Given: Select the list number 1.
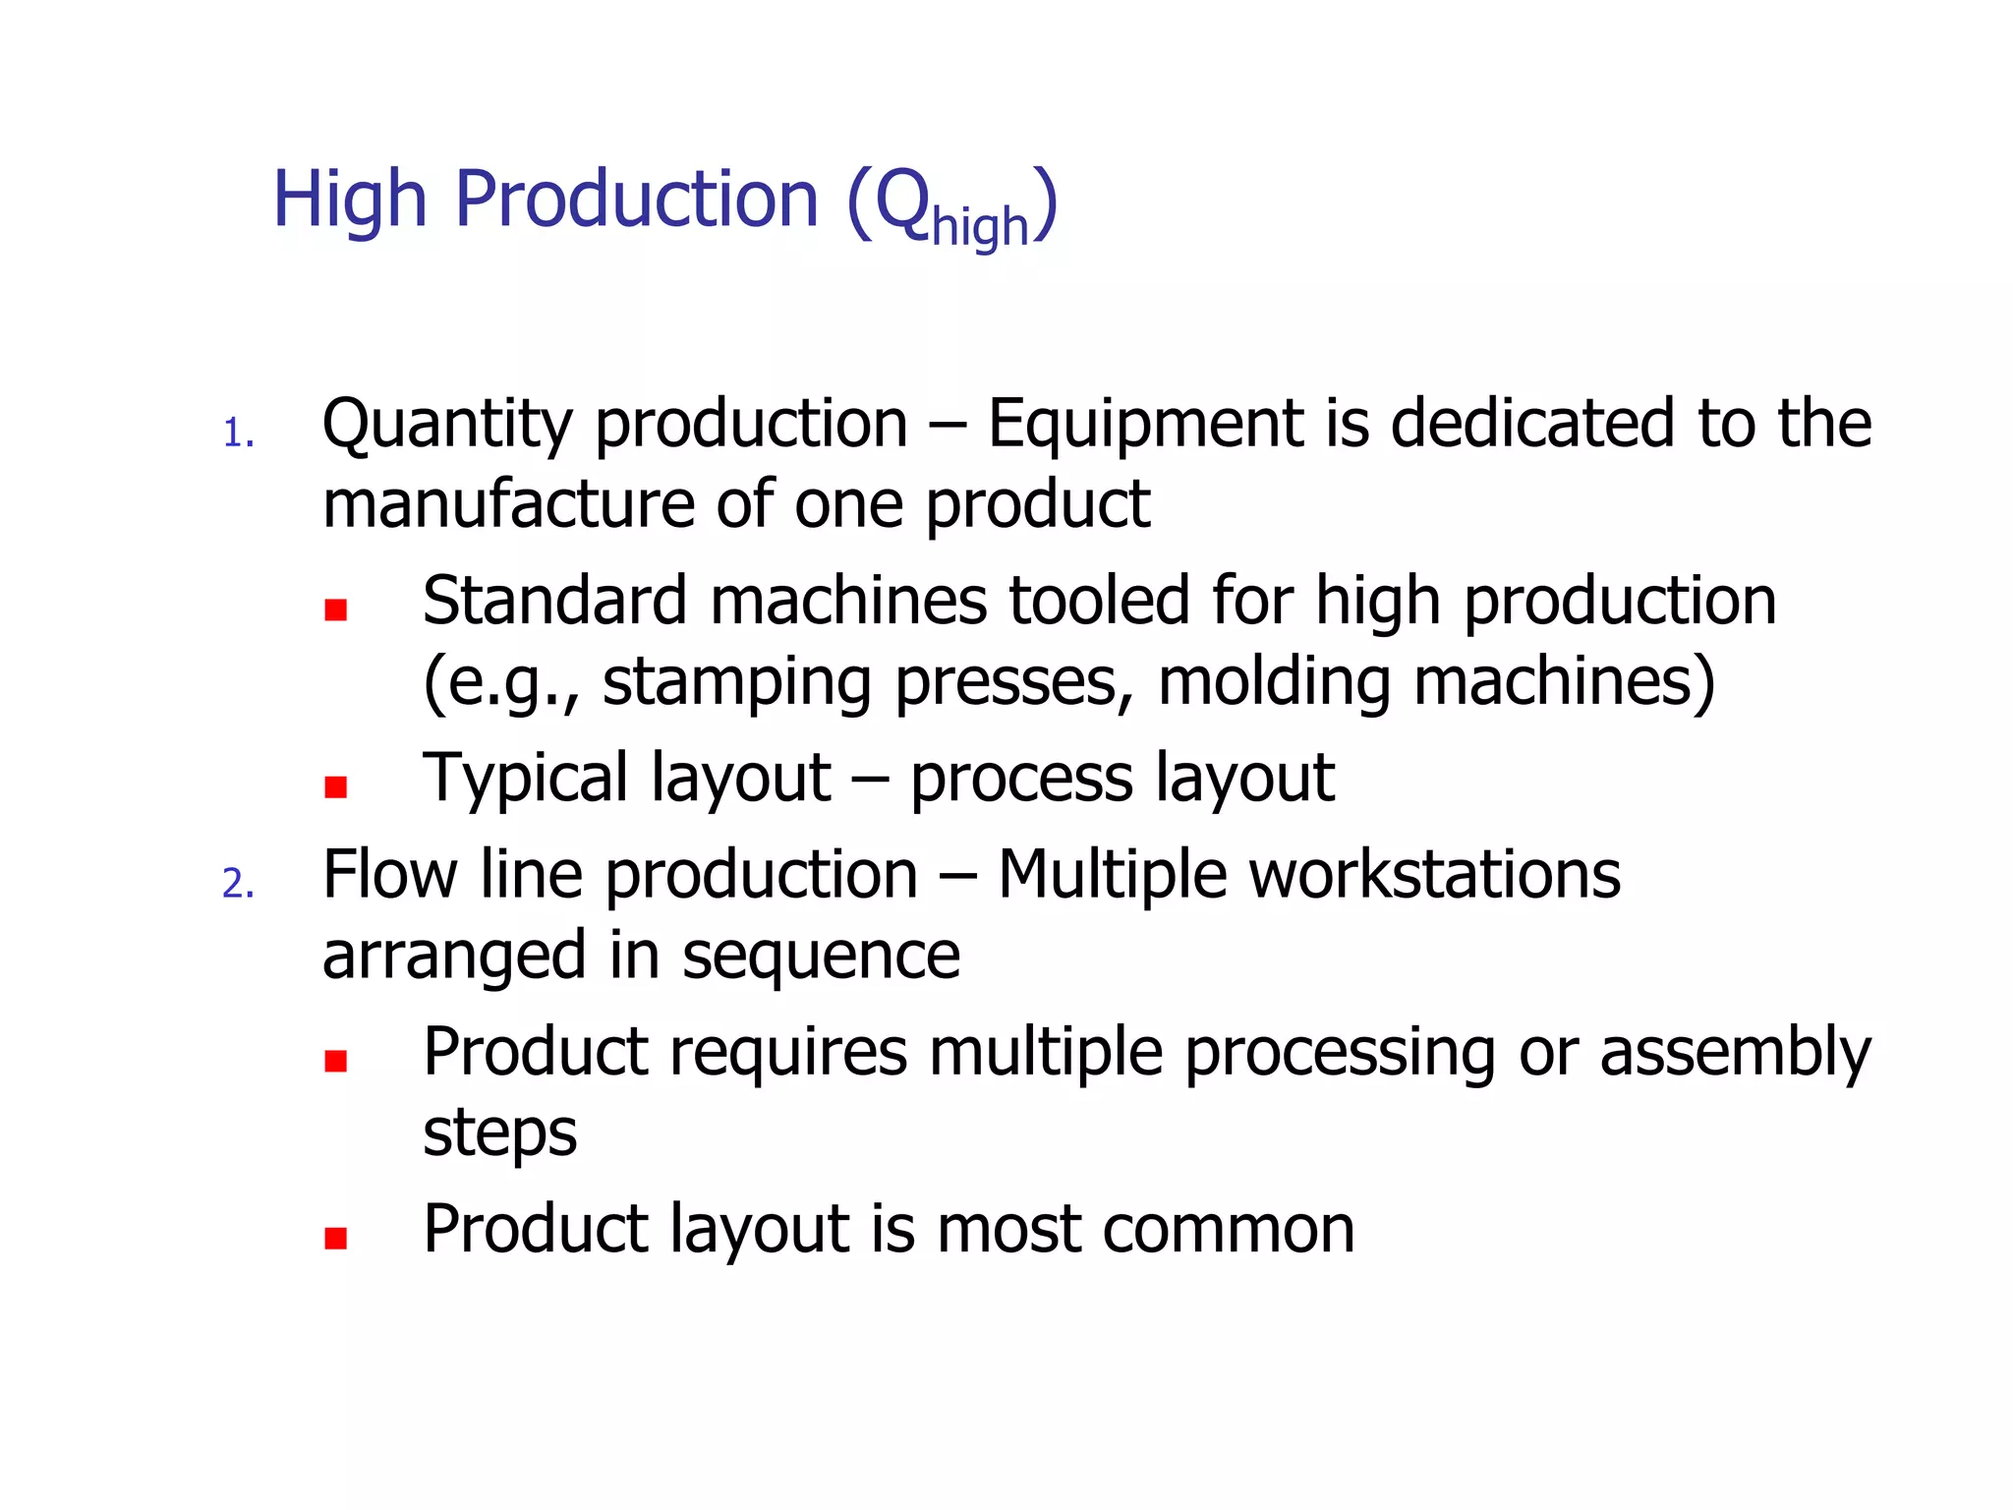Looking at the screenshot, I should [x=237, y=434].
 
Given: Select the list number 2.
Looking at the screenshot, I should [x=238, y=884].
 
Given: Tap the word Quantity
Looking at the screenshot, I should [x=447, y=426].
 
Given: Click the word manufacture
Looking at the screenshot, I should [x=507, y=503].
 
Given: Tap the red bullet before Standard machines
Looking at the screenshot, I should [x=336, y=610].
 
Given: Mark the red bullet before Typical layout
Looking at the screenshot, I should [x=336, y=786].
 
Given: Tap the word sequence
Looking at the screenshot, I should [x=821, y=956].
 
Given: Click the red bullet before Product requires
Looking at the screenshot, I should [x=336, y=1061].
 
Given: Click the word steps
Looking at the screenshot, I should [x=499, y=1133].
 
